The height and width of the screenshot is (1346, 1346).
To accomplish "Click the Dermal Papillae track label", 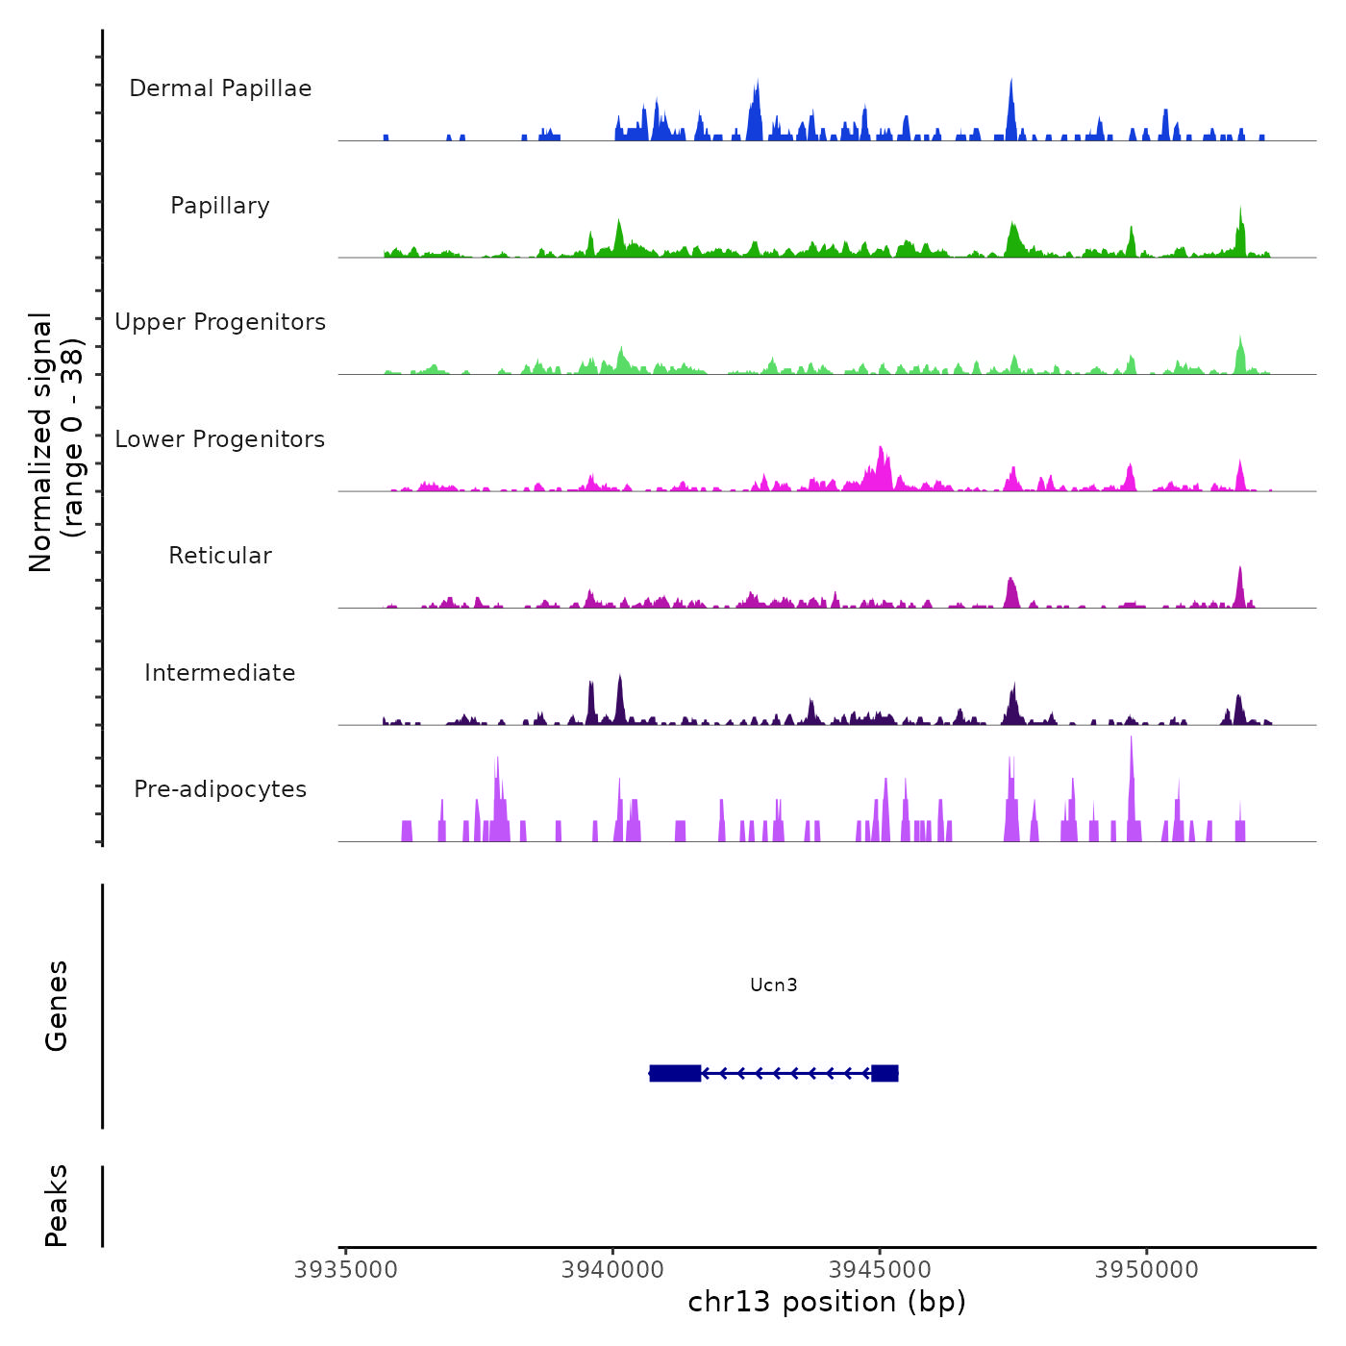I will click(220, 88).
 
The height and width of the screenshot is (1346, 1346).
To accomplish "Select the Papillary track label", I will click(220, 206).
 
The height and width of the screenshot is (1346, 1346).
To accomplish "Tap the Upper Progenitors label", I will click(220, 322).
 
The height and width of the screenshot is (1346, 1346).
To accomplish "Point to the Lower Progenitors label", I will click(220, 439).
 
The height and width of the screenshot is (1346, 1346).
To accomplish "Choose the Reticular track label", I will click(220, 556).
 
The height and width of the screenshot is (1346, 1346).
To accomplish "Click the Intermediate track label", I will click(220, 673).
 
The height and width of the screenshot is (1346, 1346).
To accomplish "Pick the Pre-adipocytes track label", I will click(220, 789).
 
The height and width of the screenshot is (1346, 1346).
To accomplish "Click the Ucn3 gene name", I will click(774, 985).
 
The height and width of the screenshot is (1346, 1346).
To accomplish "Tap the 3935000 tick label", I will click(346, 1270).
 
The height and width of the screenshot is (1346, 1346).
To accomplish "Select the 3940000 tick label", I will click(613, 1270).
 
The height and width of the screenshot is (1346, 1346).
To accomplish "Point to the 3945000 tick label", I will click(880, 1270).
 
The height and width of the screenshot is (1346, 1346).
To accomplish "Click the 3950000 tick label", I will click(1147, 1270).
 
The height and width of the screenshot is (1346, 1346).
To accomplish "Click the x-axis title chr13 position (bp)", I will click(827, 1302).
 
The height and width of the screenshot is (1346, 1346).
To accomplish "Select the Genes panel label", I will click(57, 1005).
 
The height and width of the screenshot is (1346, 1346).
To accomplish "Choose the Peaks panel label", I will click(57, 1205).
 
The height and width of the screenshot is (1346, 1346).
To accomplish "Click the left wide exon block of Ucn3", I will click(675, 1073).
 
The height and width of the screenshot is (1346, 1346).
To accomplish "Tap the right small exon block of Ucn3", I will click(885, 1073).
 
